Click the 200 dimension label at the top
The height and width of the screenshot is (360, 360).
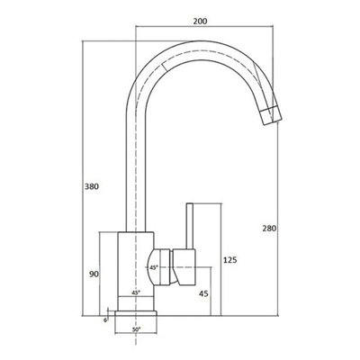click(x=200, y=21)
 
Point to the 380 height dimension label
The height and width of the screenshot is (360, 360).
click(x=91, y=186)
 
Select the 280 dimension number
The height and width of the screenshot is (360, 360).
click(x=269, y=229)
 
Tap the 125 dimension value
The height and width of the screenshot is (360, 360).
click(x=230, y=260)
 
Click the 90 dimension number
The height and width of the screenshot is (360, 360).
click(x=94, y=274)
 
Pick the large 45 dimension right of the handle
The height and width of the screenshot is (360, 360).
click(x=203, y=293)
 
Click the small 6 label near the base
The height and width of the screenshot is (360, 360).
click(x=105, y=320)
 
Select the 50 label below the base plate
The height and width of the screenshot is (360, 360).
click(x=136, y=329)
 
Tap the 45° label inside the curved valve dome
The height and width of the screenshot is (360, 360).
click(x=154, y=267)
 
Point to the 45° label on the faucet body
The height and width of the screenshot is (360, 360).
click(x=136, y=292)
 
